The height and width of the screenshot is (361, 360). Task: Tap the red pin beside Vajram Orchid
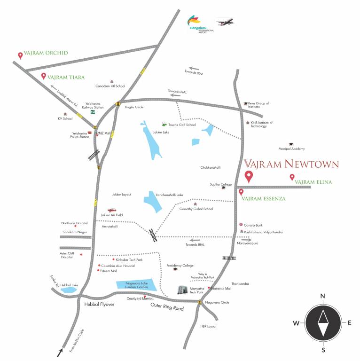(x=20, y=55)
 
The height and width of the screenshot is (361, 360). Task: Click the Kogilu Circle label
(x=134, y=107)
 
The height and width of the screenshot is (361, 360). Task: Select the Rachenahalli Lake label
(x=169, y=195)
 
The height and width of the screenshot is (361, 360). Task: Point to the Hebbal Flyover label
(x=99, y=305)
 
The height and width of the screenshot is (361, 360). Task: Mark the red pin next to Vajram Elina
(x=292, y=177)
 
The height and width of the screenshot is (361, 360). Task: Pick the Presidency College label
(x=180, y=266)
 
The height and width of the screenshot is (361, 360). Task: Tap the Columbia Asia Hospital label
(x=118, y=266)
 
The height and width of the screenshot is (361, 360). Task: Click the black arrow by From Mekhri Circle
(x=61, y=352)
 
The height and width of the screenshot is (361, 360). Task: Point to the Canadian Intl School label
(x=110, y=86)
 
